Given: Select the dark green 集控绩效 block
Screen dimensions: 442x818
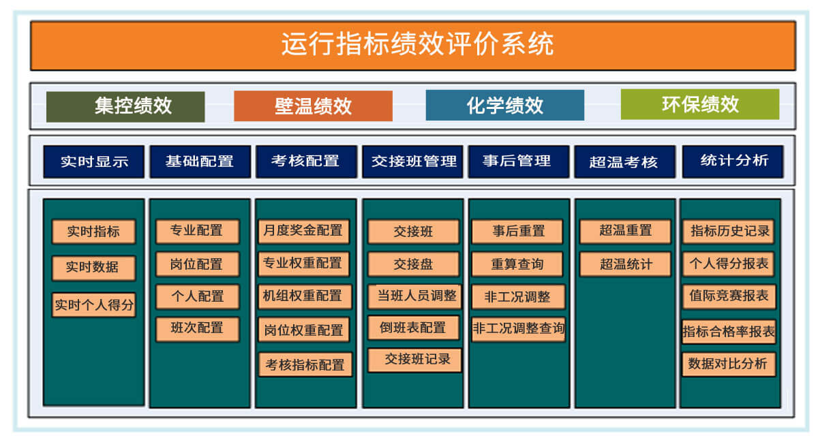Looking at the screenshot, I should click(125, 106).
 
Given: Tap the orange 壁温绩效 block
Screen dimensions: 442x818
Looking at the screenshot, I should click(313, 106).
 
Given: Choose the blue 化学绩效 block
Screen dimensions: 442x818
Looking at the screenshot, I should click(504, 106).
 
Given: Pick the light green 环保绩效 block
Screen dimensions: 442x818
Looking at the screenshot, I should click(699, 104).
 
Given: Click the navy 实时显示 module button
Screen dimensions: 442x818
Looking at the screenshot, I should click(93, 162).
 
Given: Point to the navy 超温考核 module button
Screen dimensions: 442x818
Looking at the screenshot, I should click(624, 162).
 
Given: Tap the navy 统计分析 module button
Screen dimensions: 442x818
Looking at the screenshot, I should click(733, 161).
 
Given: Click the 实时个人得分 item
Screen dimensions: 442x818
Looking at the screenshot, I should click(93, 305).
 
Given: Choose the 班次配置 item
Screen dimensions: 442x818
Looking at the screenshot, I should click(197, 328).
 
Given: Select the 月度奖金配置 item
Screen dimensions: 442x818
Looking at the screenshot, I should click(303, 231).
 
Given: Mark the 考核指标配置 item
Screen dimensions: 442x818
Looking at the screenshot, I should click(305, 364).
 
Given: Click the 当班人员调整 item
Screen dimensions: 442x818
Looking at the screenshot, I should click(414, 296).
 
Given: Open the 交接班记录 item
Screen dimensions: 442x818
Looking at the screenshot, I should click(414, 360).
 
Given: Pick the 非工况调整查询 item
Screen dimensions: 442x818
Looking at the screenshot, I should click(518, 329).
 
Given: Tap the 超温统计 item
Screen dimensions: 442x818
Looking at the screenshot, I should click(625, 264).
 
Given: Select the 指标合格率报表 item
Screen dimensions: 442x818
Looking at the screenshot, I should click(729, 332).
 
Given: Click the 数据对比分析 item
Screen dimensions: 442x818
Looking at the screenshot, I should click(729, 364).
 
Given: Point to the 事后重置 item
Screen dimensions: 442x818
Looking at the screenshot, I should click(518, 232).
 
